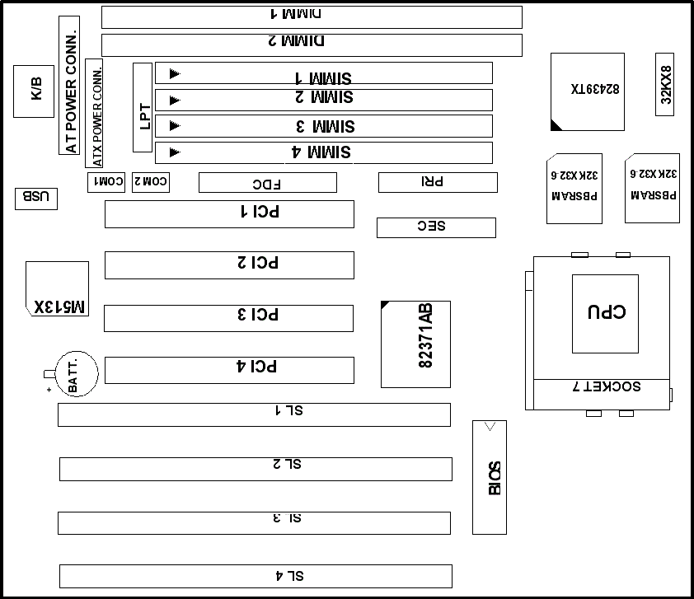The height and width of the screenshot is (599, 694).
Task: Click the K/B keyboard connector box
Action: (x=34, y=91)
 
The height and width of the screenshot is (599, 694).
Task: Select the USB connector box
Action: (x=35, y=199)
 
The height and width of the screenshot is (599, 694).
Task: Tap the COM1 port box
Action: (x=106, y=182)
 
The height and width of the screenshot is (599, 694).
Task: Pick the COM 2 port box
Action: (x=151, y=182)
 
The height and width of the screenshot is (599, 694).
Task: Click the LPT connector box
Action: (x=143, y=107)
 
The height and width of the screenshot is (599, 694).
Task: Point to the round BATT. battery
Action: (x=77, y=374)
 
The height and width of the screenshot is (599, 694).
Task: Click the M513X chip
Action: (x=57, y=289)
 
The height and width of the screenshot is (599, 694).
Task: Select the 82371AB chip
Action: (x=415, y=344)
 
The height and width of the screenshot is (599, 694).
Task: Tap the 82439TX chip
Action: (x=588, y=92)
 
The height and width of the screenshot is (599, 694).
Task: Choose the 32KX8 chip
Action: (x=665, y=85)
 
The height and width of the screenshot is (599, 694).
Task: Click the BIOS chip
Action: (x=490, y=477)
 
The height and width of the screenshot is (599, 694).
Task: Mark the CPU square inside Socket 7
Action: (x=605, y=314)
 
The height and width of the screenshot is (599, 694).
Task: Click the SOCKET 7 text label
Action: (x=607, y=386)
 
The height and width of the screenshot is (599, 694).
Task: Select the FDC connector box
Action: (x=268, y=182)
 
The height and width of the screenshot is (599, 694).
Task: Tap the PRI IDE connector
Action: (x=438, y=182)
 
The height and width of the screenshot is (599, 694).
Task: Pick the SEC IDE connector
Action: (x=436, y=227)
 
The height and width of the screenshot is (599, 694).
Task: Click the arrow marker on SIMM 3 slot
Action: (x=175, y=126)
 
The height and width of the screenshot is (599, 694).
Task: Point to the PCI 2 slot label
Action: (x=258, y=262)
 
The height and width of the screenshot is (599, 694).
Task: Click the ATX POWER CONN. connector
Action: (x=94, y=113)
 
